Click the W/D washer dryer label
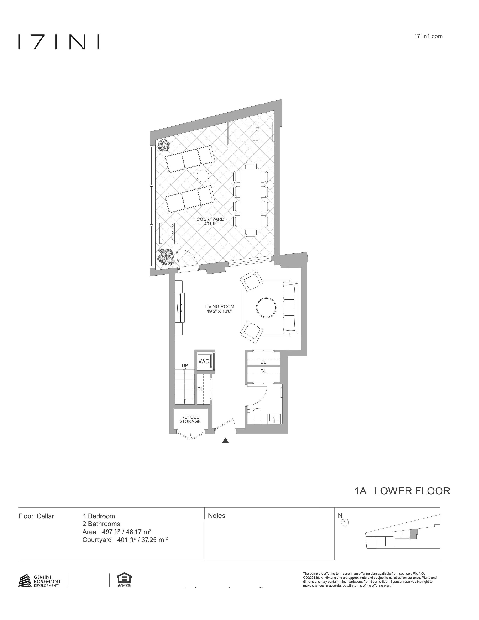tap(204, 361)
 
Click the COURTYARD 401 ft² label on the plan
tap(210, 222)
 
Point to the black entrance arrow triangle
tap(225, 441)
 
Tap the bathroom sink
tap(274, 418)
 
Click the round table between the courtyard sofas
tap(203, 176)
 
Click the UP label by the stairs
tap(185, 365)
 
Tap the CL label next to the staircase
tap(200, 389)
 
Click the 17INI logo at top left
tap(59, 42)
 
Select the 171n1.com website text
tap(428, 36)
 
